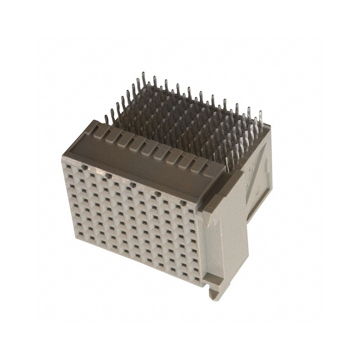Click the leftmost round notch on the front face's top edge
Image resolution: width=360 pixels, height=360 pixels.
coord(84,166)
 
